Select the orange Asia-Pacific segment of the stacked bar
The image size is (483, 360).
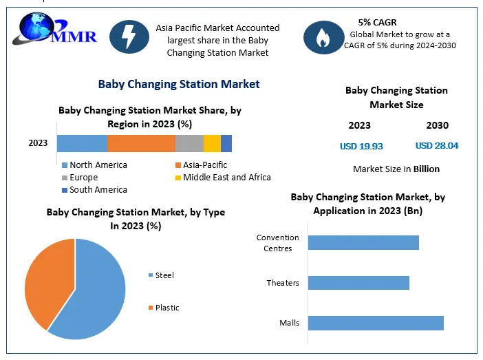point(141,143)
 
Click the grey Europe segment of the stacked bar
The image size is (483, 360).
point(189,143)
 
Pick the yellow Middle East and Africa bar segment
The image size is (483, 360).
point(212,143)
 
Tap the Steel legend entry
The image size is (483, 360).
point(164,275)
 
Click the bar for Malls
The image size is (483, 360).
point(376,323)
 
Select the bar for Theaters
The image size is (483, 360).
point(358,283)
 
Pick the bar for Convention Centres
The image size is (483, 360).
point(363,242)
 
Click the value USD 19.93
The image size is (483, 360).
point(361,146)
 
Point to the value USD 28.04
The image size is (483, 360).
point(437,146)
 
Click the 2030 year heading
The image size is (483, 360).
point(437,125)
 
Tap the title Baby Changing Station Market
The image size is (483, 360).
point(179,84)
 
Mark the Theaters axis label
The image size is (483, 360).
point(283,283)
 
